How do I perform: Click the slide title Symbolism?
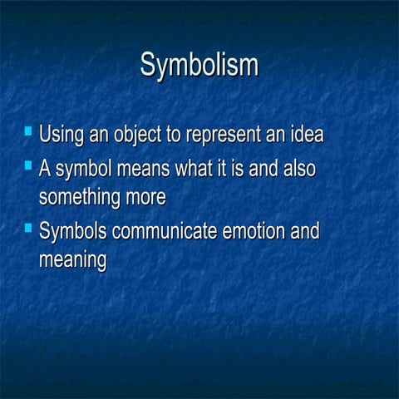coord(199,65)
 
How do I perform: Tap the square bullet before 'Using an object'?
coord(29,131)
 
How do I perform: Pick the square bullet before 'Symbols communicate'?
coord(29,228)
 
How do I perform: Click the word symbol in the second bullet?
coord(84,170)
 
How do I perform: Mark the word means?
coord(144,170)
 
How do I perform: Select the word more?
coord(147,198)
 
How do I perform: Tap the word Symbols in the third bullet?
coord(73,231)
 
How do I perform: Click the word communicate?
coord(165,231)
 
